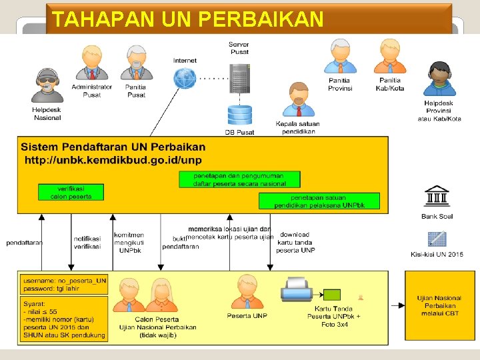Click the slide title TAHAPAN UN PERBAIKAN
pyautogui.click(x=187, y=18)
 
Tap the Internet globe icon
pyautogui.click(x=185, y=78)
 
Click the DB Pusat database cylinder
pyautogui.click(x=239, y=115)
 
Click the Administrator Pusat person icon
pyautogui.click(x=92, y=63)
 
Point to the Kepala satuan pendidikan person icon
pyautogui.click(x=297, y=100)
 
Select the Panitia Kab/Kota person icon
pyautogui.click(x=390, y=57)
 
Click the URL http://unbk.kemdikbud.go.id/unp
pyautogui.click(x=113, y=160)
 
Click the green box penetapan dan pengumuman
pyautogui.click(x=239, y=179)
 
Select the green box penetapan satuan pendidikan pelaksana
pyautogui.click(x=319, y=201)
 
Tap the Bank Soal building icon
pyautogui.click(x=437, y=197)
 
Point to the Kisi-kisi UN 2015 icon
pyautogui.click(x=437, y=239)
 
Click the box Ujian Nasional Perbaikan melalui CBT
pyautogui.click(x=438, y=305)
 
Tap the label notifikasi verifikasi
pyautogui.click(x=87, y=242)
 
